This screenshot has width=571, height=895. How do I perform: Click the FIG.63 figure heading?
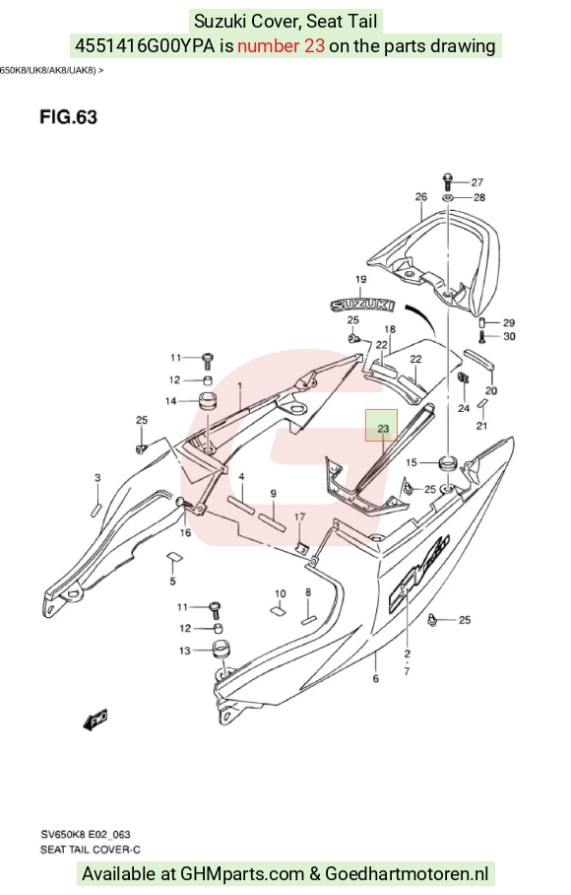pyautogui.click(x=68, y=117)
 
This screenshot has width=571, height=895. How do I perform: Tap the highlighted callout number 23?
pyautogui.click(x=382, y=428)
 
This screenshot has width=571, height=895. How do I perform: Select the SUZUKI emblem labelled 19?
pyautogui.click(x=363, y=305)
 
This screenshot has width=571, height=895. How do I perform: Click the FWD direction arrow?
pyautogui.click(x=95, y=721)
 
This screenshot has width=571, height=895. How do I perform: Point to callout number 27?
pyautogui.click(x=476, y=182)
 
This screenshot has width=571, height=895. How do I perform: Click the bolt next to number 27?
pyautogui.click(x=447, y=181)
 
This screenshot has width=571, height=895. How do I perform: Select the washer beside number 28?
pyautogui.click(x=447, y=197)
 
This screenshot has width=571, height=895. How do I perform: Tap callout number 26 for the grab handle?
pyautogui.click(x=420, y=196)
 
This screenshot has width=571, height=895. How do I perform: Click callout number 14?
pyautogui.click(x=171, y=401)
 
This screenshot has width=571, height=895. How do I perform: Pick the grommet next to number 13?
pyautogui.click(x=221, y=650)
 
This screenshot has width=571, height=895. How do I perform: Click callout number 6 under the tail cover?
pyautogui.click(x=376, y=679)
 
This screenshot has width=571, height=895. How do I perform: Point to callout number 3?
pyautogui.click(x=97, y=478)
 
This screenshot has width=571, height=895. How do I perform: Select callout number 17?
pyautogui.click(x=299, y=516)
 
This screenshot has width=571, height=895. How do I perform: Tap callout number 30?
pyautogui.click(x=509, y=336)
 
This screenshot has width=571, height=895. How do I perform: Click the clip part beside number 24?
pyautogui.click(x=464, y=377)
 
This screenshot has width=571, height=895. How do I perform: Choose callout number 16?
pyautogui.click(x=186, y=532)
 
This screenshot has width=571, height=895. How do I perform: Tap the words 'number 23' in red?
pyautogui.click(x=281, y=45)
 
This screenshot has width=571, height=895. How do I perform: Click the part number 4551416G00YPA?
pyautogui.click(x=146, y=45)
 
